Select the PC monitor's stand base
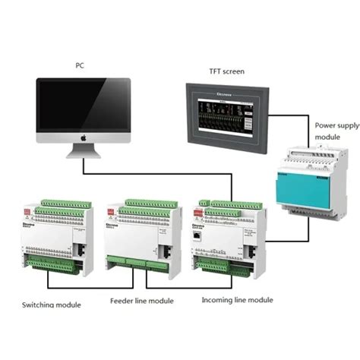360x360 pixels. coord(84,154)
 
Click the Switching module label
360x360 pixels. coord(52,305)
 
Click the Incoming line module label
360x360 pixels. coord(237,299)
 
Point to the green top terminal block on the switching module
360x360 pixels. coord(61,202)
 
